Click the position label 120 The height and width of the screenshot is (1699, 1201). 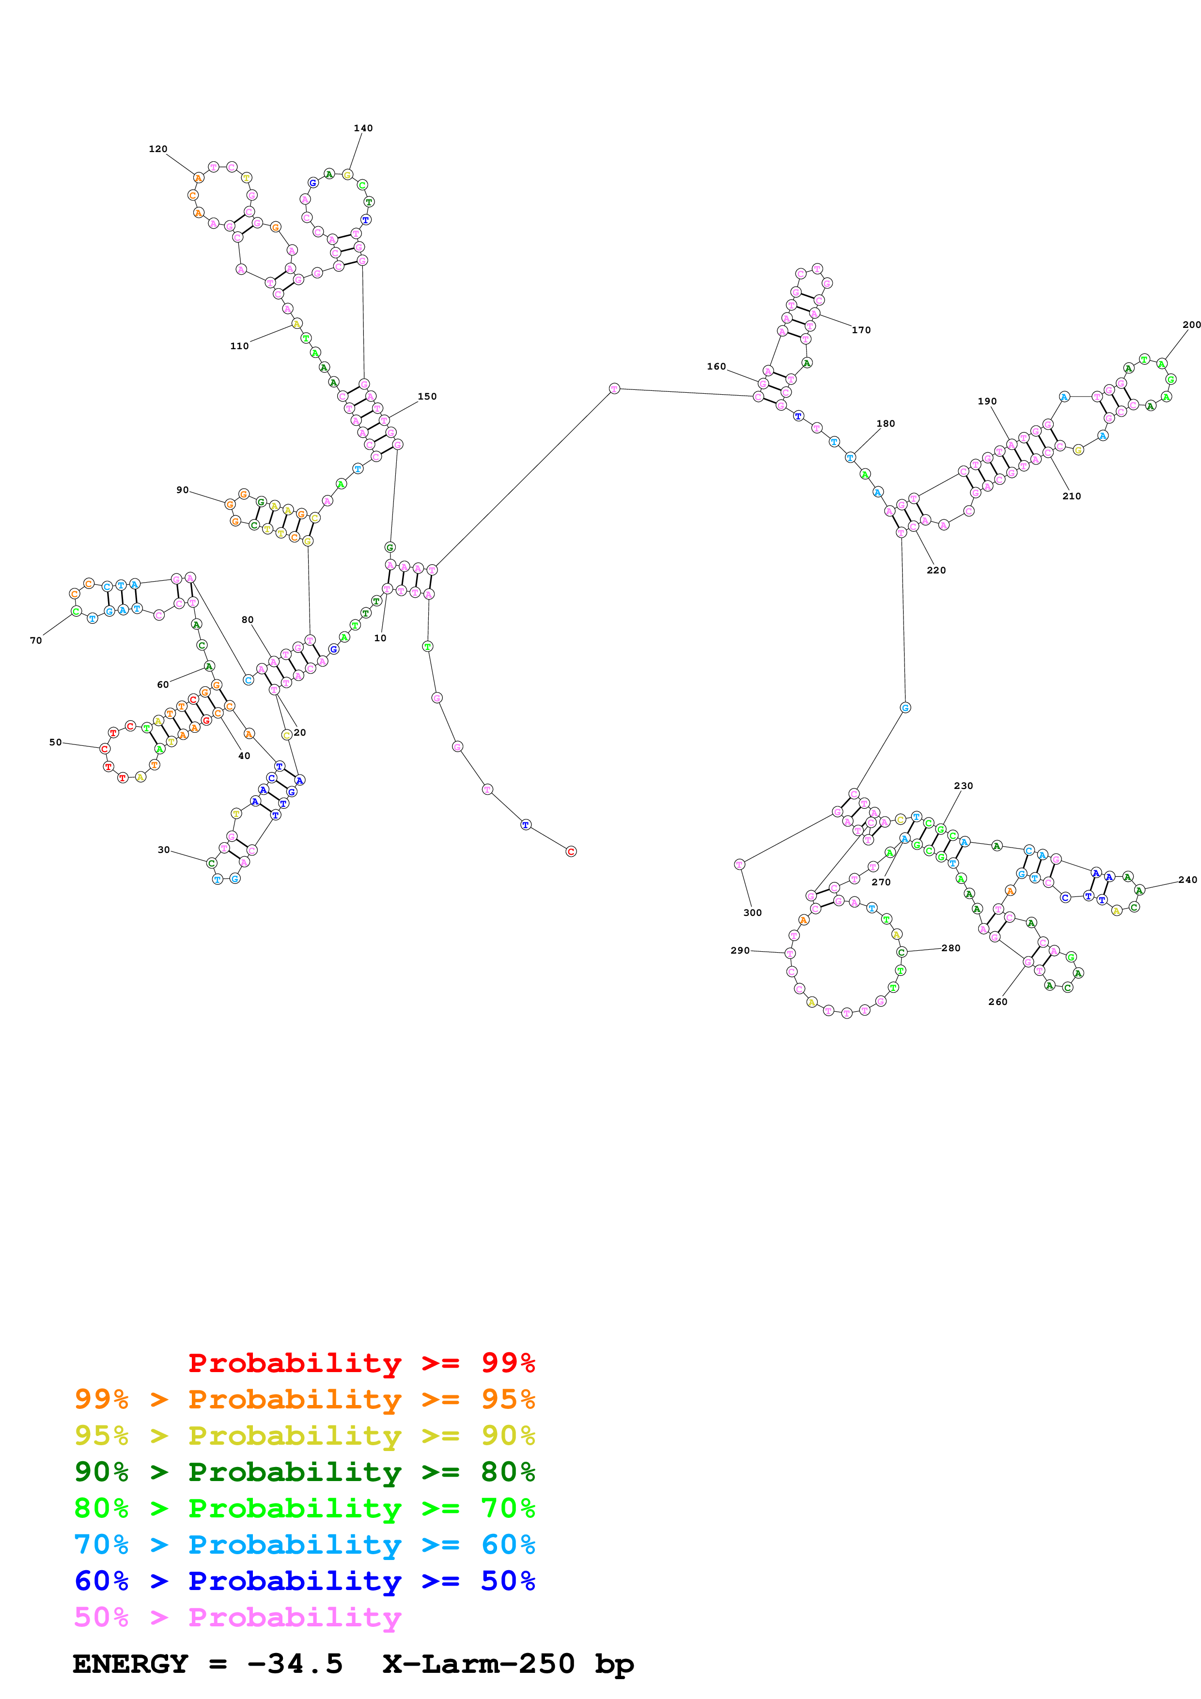[157, 149]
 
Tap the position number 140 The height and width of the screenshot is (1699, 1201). [362, 128]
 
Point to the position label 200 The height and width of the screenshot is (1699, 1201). [1191, 324]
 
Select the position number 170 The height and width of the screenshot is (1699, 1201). [860, 330]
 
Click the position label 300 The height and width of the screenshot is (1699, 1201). [752, 912]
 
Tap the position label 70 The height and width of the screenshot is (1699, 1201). [35, 640]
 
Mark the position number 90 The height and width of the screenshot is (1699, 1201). [182, 490]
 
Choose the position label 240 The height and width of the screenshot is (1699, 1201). [1187, 880]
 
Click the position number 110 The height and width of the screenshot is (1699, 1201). [239, 346]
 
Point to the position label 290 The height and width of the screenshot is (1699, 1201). [739, 950]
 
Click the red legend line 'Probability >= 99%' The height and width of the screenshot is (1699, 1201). [361, 1362]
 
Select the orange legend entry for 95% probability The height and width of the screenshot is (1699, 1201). [304, 1399]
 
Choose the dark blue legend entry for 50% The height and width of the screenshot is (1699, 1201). [304, 1581]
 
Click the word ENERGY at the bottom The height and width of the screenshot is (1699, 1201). [130, 1664]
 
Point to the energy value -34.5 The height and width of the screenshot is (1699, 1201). [295, 1664]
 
